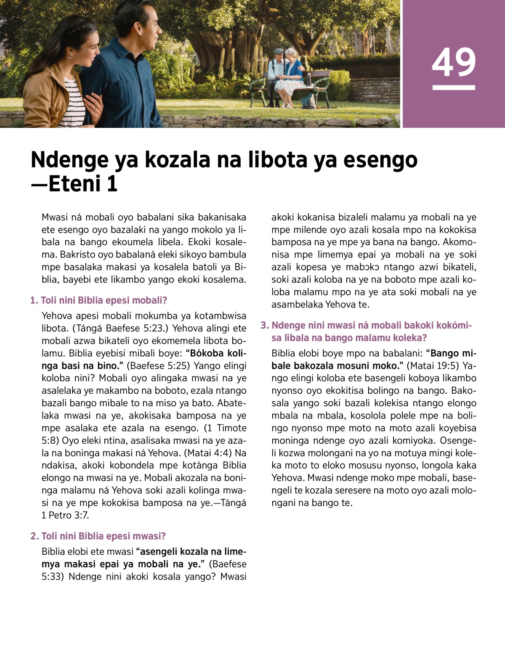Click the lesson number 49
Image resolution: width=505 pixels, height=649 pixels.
454,62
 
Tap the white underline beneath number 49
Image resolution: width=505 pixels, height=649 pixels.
454,87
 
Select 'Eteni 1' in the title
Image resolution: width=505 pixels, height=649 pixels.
82,184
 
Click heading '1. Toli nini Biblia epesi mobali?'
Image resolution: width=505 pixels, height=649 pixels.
99,300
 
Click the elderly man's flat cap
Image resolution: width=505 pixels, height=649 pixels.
279,51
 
